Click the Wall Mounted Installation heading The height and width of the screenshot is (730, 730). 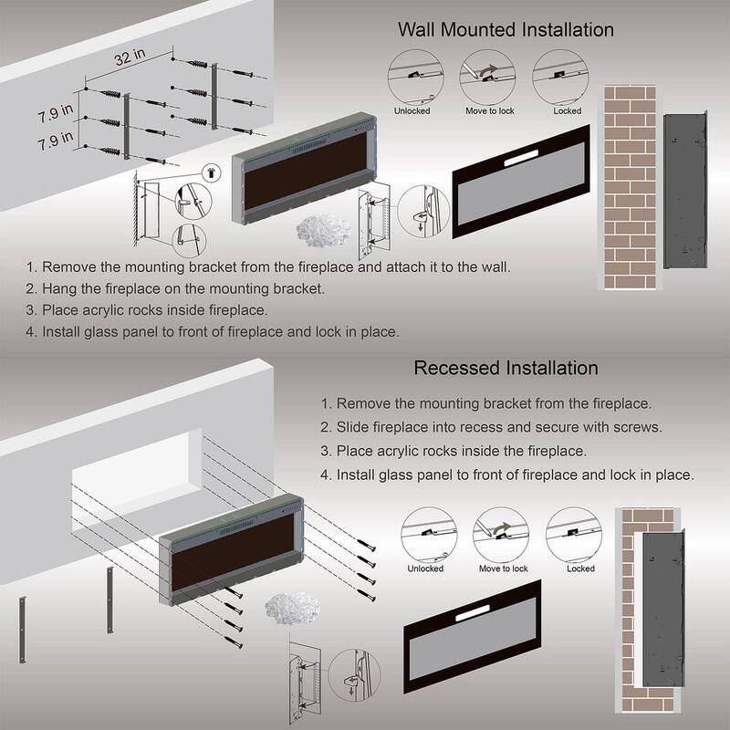(506, 29)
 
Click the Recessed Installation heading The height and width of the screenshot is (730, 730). (506, 369)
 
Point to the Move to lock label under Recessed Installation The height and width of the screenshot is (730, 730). (503, 568)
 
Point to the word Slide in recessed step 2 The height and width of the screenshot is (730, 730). (355, 427)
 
